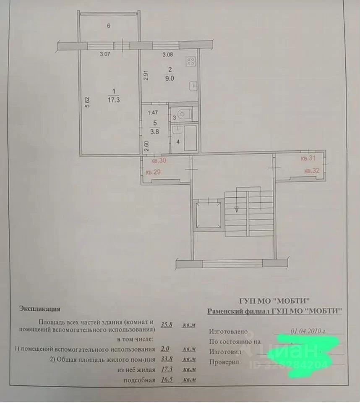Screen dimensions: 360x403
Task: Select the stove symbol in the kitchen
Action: [190, 62]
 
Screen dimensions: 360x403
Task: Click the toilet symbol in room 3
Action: [183, 113]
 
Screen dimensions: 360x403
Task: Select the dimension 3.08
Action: [168, 54]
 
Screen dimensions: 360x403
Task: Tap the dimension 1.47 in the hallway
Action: [153, 112]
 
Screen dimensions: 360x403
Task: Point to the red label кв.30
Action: [154, 160]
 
